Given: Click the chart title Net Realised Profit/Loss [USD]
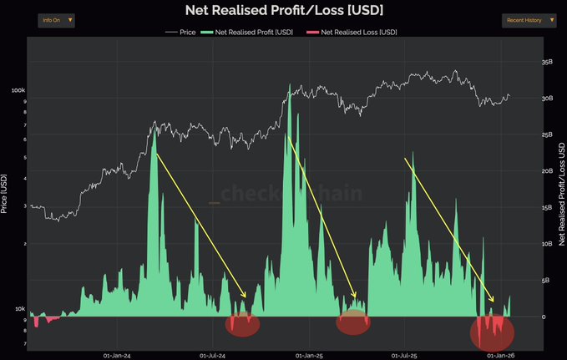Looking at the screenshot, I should click(x=283, y=11).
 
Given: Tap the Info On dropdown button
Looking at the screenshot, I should click(x=57, y=19).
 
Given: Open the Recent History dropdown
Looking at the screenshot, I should click(x=528, y=19).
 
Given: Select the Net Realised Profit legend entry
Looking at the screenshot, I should click(x=249, y=32).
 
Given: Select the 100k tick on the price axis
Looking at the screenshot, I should click(x=18, y=90).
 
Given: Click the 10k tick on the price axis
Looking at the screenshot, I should click(x=19, y=309).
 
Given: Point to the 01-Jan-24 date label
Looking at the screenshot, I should click(x=117, y=354).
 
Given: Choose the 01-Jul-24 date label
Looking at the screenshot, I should click(x=213, y=354).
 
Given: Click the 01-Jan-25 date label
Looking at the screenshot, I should click(x=308, y=354).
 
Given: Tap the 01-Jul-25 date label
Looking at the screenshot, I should click(x=404, y=354).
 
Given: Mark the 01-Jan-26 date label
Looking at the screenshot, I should click(x=500, y=354).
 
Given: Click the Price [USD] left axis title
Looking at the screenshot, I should click(x=5, y=193).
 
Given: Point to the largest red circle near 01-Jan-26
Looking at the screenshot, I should click(x=492, y=332).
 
